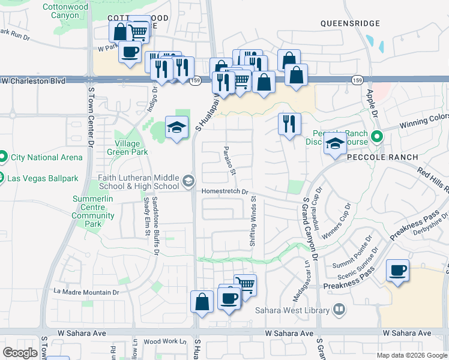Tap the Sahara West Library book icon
[x=339, y=310]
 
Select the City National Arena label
[x=46, y=158]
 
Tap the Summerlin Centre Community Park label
[x=93, y=211]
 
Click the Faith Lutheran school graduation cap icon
[x=188, y=181]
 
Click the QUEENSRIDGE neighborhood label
[x=350, y=23]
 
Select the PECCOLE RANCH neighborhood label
[x=382, y=157]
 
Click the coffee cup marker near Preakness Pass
[x=397, y=271]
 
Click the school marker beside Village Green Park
[x=176, y=128]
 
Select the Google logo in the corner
[x=20, y=353]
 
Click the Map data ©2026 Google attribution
[x=412, y=355]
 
